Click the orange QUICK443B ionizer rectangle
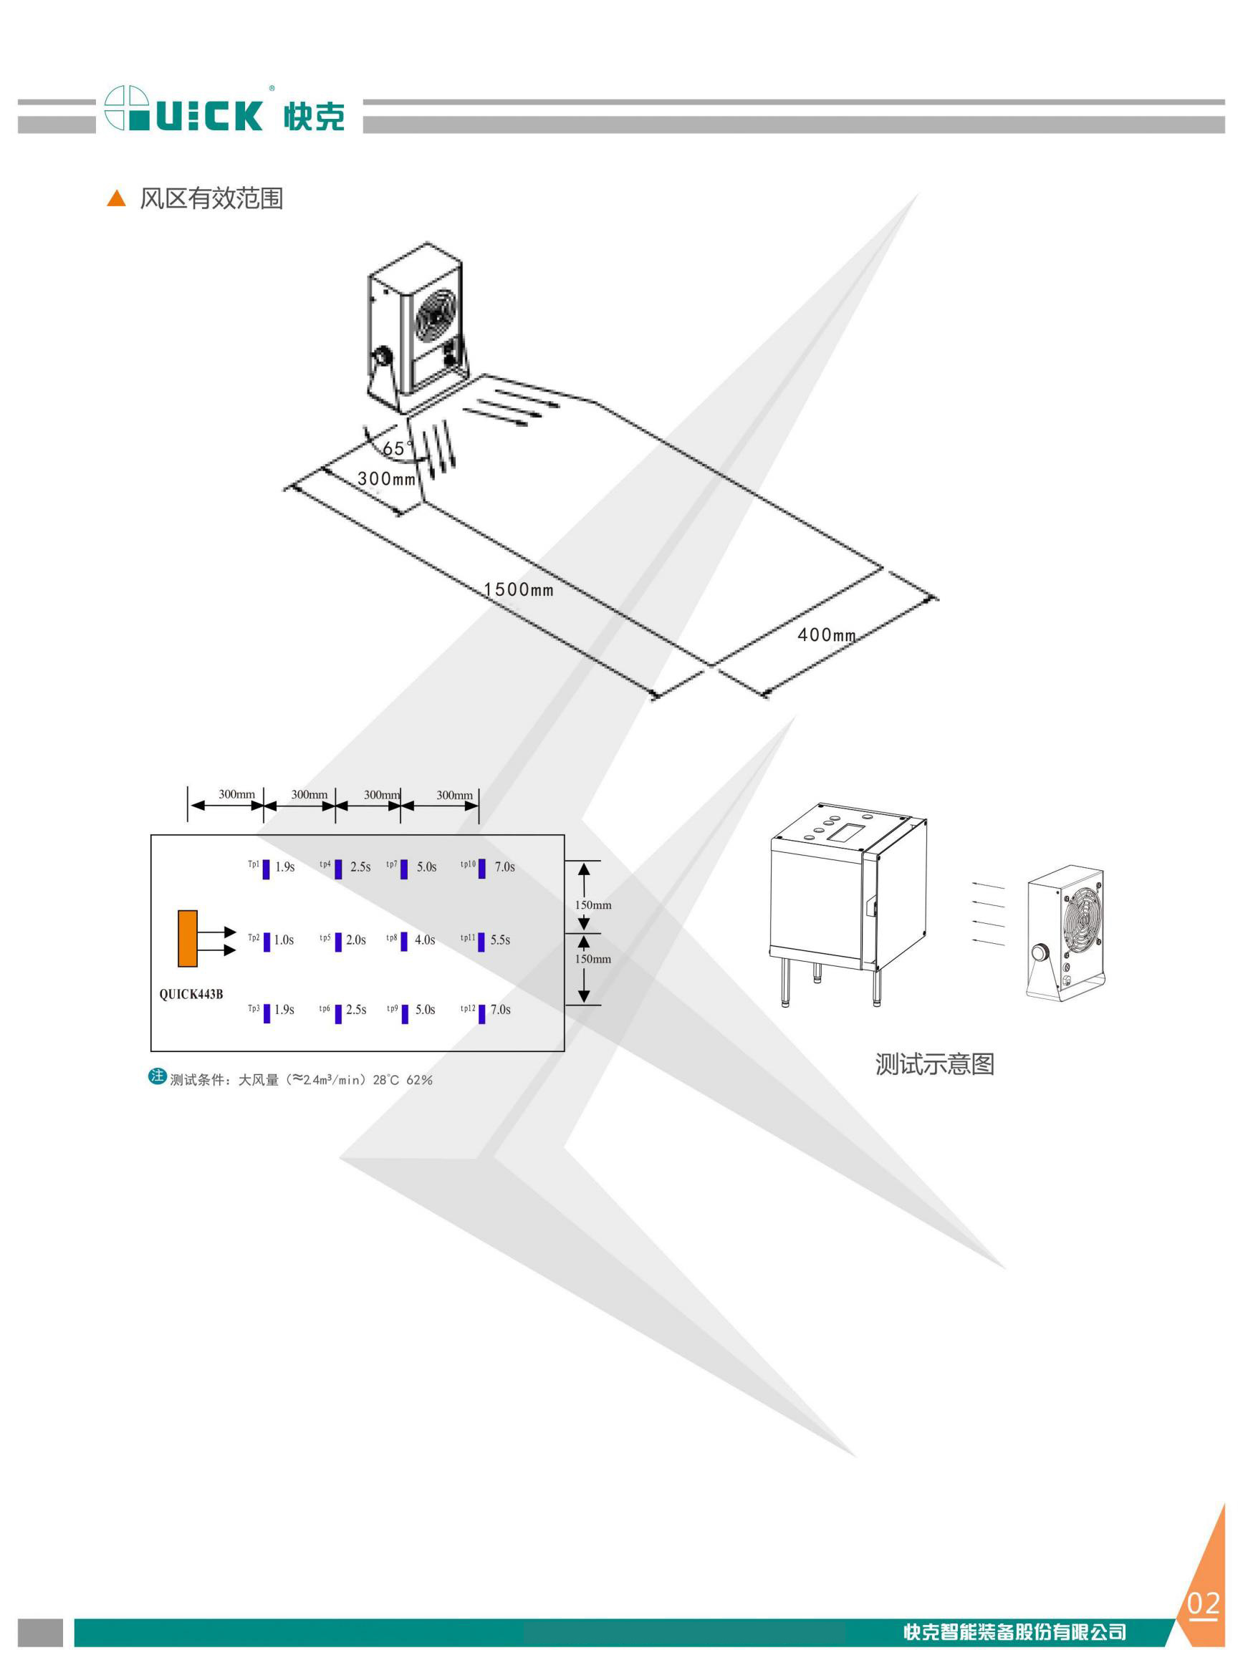click(188, 938)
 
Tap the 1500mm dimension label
click(519, 589)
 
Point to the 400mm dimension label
click(826, 634)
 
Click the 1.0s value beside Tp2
click(284, 940)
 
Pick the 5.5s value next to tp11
click(500, 940)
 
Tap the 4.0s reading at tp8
click(425, 940)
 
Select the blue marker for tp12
click(481, 1014)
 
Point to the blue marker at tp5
click(339, 942)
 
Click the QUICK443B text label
click(191, 994)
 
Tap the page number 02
click(1203, 1604)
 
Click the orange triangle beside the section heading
click(117, 198)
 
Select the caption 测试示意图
click(934, 1064)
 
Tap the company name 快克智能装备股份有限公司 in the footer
click(1015, 1632)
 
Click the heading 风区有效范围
click(211, 198)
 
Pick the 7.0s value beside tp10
click(505, 867)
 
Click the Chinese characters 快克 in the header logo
click(315, 116)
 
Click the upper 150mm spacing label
click(593, 904)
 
